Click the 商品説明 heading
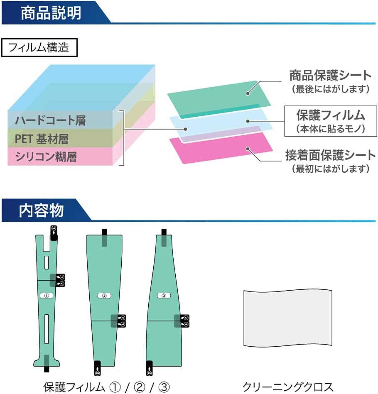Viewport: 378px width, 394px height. click(x=51, y=13)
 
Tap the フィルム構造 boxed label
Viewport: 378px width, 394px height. click(x=39, y=47)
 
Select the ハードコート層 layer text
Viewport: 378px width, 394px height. click(x=51, y=120)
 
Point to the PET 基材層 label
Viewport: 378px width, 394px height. click(x=42, y=139)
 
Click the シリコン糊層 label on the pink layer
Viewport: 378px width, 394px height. click(x=46, y=157)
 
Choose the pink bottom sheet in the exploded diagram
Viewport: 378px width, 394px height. click(x=221, y=148)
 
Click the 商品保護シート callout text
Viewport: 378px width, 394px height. click(x=331, y=76)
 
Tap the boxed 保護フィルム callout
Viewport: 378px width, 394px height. click(x=331, y=121)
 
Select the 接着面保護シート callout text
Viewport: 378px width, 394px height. click(x=331, y=155)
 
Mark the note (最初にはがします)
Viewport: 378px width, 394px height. click(x=331, y=169)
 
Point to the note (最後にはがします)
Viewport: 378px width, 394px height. click(x=331, y=89)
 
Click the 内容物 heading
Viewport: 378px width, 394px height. click(x=41, y=210)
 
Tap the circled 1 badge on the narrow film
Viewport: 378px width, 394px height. click(x=47, y=296)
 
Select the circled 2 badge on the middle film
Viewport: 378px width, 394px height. click(x=104, y=296)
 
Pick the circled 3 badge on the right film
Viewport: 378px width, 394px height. click(x=164, y=296)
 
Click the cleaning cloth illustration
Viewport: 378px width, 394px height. click(x=288, y=318)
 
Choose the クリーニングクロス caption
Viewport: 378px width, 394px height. click(x=288, y=387)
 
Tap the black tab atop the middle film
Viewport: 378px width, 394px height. click(x=104, y=237)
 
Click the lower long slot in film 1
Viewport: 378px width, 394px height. click(x=47, y=329)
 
